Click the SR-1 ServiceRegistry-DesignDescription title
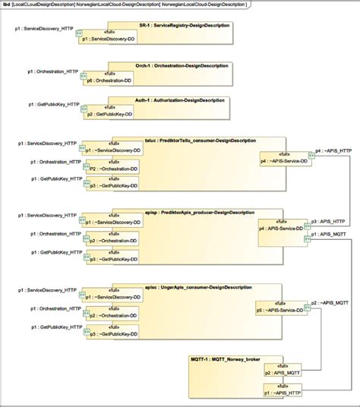click(185, 26)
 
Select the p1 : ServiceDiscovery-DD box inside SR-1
click(110, 36)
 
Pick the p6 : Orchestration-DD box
click(110, 77)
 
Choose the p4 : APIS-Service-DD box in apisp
click(283, 227)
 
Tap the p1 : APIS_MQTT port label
click(330, 235)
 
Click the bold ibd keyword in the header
click(7, 5)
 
